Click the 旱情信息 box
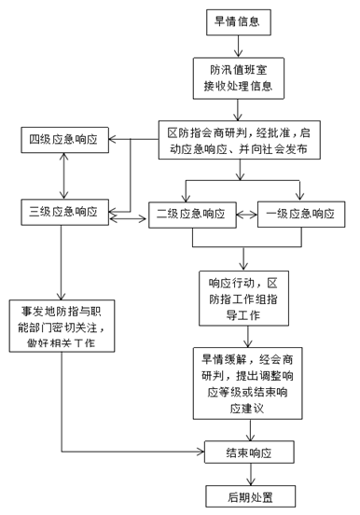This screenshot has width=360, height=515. (239, 22)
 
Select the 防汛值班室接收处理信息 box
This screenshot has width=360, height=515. (239, 78)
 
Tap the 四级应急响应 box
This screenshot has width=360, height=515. (64, 140)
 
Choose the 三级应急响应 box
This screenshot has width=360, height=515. (64, 212)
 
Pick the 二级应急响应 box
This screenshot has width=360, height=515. (192, 215)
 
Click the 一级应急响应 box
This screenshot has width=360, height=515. (301, 215)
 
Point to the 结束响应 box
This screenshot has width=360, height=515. (249, 452)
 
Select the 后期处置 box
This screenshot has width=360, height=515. (251, 496)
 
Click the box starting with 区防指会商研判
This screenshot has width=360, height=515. (240, 140)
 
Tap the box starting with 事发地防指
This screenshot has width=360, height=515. (62, 326)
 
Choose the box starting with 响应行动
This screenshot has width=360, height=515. (243, 299)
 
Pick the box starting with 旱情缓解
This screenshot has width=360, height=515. (248, 383)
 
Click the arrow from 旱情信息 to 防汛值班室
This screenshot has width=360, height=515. (239, 47)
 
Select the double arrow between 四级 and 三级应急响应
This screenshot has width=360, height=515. (63, 175)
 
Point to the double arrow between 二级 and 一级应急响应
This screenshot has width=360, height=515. (246, 215)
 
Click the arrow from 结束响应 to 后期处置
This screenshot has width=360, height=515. (251, 474)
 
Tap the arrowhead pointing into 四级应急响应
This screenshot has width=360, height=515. (112, 139)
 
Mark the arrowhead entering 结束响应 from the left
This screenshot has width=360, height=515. (201, 452)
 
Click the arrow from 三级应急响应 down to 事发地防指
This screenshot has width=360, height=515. (62, 262)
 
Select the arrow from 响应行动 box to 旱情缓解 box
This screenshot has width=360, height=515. (248, 336)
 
